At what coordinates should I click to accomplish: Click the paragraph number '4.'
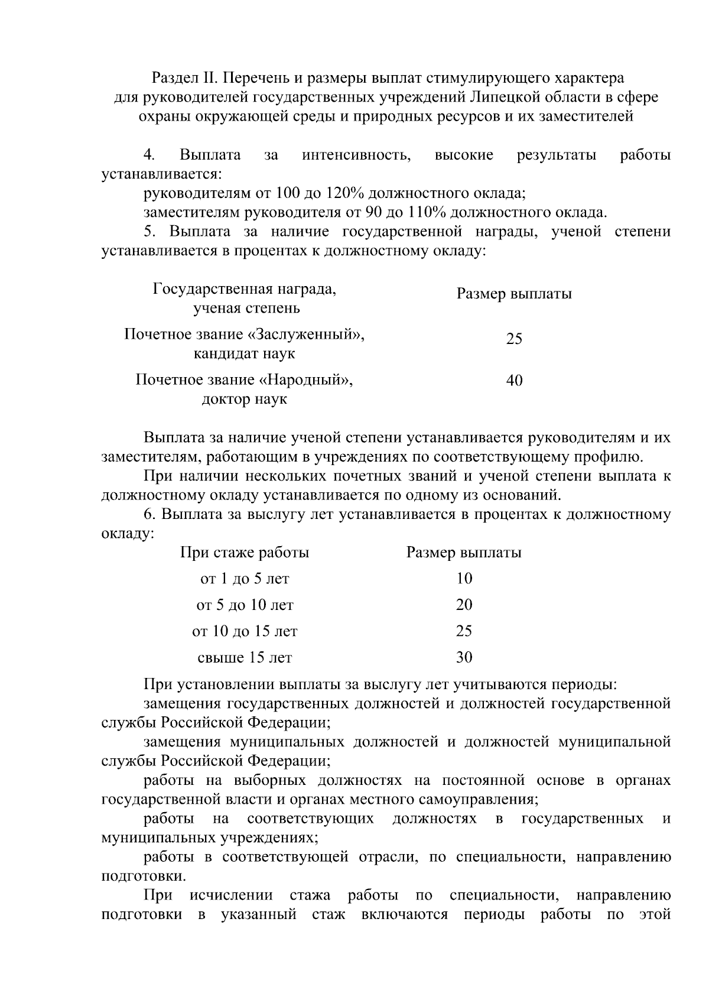click(x=149, y=155)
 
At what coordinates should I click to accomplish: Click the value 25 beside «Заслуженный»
click(x=514, y=339)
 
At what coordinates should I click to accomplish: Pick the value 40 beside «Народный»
click(x=514, y=381)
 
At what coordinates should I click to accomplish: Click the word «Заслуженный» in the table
click(x=306, y=335)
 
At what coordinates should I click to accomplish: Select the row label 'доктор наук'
click(x=244, y=400)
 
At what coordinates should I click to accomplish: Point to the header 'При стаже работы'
click(x=244, y=553)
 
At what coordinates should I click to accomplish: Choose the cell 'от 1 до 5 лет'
click(x=244, y=579)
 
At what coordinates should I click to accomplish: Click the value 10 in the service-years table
click(x=464, y=579)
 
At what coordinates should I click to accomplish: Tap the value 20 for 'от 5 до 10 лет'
click(x=464, y=605)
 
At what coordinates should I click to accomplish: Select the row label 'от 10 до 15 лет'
click(x=244, y=631)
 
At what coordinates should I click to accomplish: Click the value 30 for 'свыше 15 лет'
click(x=464, y=657)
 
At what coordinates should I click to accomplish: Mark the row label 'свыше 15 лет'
click(x=244, y=657)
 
